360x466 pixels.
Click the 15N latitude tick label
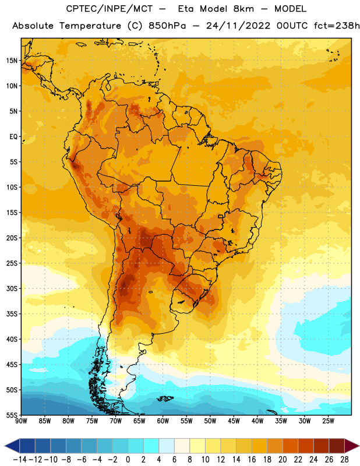coord(12,61)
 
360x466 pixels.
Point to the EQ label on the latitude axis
coord(13,137)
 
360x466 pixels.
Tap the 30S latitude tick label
coord(12,288)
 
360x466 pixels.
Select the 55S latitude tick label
coord(12,415)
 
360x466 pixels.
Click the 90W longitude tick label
coord(22,421)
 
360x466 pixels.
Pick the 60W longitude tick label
coord(163,421)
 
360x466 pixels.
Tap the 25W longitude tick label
coord(328,421)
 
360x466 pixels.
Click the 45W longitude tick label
coord(234,421)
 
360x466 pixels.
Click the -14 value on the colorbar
coord(20,460)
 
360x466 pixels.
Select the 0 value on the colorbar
coord(128,460)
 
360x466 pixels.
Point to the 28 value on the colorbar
coord(344,460)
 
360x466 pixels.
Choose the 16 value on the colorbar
coord(252,460)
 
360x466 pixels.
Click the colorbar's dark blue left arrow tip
coord(5,446)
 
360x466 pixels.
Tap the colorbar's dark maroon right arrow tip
coord(359,446)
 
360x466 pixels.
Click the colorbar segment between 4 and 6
coord(167,446)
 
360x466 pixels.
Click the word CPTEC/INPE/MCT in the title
coord(110,9)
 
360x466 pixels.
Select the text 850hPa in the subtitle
coord(167,26)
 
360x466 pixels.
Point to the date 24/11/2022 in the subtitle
coord(238,26)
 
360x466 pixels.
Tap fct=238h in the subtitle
coord(337,26)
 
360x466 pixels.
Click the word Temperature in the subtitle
coord(90,26)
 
